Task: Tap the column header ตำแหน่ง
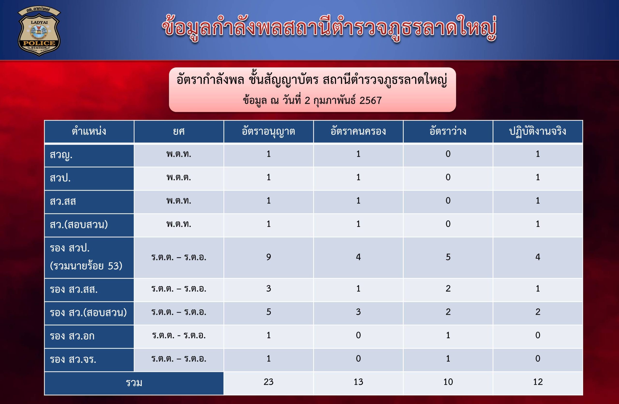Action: [89, 131]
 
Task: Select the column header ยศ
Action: [179, 131]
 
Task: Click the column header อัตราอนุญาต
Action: [268, 131]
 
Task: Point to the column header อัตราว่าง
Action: [448, 131]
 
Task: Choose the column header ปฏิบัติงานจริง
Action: [538, 131]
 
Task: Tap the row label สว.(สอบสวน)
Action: [79, 225]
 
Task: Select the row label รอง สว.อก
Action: [72, 336]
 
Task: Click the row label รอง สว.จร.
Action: [73, 359]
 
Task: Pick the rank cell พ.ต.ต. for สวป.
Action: [179, 177]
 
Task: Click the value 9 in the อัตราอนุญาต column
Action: [268, 257]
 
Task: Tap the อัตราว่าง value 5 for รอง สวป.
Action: [448, 257]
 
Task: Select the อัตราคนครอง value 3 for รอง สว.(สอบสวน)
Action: [358, 312]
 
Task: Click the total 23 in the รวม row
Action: [268, 382]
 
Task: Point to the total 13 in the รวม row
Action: [358, 382]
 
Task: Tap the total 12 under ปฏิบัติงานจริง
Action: [538, 382]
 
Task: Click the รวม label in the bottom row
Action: [134, 383]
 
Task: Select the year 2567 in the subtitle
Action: [370, 100]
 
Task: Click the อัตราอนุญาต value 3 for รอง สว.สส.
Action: [268, 289]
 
